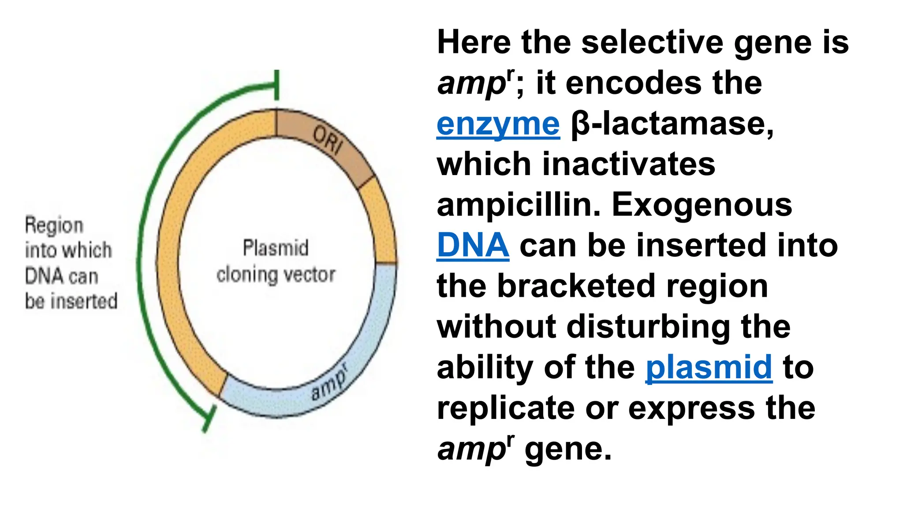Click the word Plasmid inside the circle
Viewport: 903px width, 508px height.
276,247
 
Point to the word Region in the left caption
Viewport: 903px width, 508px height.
54,225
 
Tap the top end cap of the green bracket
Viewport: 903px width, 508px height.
276,85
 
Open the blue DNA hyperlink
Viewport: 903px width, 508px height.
473,245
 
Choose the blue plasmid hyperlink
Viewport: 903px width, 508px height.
709,367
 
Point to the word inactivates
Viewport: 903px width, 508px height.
628,164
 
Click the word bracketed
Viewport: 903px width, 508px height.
576,286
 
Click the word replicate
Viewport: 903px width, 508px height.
506,408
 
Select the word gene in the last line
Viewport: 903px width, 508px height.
567,449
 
